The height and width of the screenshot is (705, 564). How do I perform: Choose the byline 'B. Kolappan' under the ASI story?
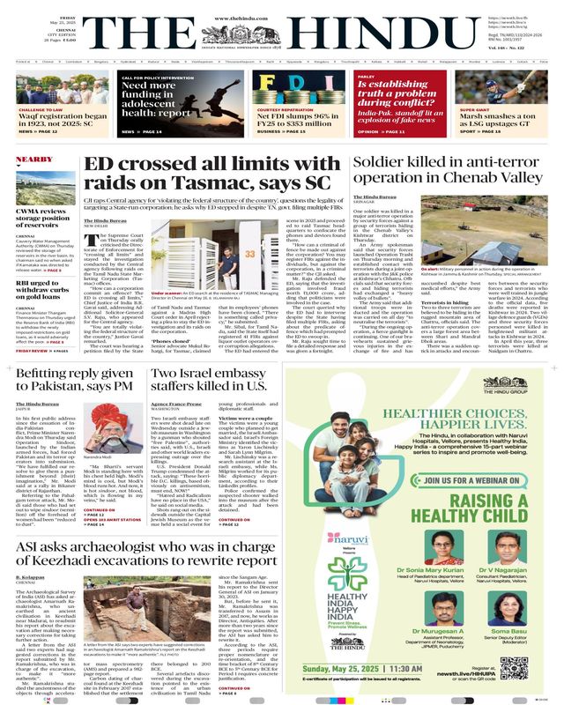tap(35, 578)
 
